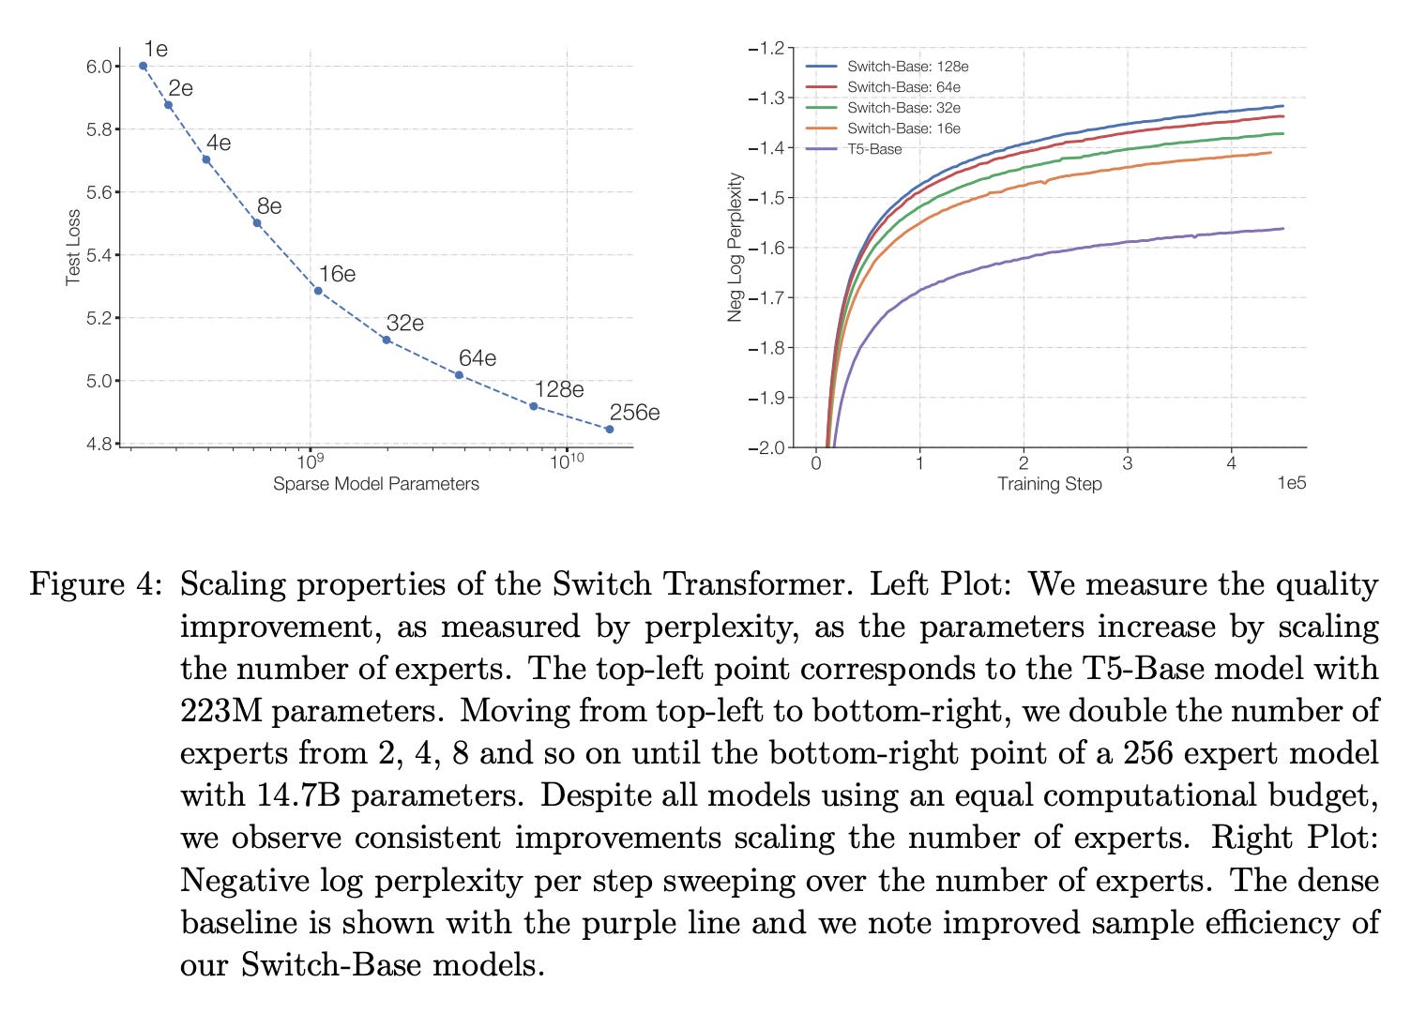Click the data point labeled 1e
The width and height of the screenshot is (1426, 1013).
pos(143,66)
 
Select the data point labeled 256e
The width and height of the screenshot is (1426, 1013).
pos(609,430)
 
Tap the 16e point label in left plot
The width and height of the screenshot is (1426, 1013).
pos(337,274)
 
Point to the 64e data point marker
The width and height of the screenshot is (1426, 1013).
pos(459,375)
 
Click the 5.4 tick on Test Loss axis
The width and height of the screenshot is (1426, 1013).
pos(99,255)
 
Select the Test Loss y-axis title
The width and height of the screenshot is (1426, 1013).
pos(73,247)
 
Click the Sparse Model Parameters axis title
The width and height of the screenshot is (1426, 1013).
pos(375,484)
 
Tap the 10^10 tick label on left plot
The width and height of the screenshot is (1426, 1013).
pos(566,461)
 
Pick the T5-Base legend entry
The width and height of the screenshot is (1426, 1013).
pos(874,149)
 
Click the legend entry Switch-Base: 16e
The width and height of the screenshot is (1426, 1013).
pos(903,129)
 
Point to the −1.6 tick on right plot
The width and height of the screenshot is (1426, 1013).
pos(768,248)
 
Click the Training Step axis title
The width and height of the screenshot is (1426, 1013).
pos(1049,484)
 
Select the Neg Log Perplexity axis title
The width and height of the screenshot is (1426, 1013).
pos(736,248)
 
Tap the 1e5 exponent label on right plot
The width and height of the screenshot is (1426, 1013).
pos(1291,483)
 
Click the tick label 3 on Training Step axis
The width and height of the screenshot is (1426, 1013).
pos(1127,462)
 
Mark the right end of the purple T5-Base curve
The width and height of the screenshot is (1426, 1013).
pos(1282,228)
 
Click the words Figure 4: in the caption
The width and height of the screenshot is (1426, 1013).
pos(97,584)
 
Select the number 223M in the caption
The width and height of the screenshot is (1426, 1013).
pos(221,711)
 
